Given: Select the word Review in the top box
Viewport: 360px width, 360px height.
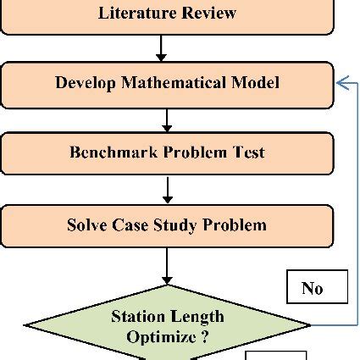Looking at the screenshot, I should (207, 14).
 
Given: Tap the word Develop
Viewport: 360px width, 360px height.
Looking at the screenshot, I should (85, 83).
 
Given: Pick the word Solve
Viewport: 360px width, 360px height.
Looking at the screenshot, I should (86, 224).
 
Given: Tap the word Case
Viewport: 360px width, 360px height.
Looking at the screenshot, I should (130, 224).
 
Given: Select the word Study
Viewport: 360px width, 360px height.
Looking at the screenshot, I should (174, 224).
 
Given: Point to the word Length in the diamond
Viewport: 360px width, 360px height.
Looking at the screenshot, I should (198, 317).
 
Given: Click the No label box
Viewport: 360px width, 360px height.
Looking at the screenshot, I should (313, 288).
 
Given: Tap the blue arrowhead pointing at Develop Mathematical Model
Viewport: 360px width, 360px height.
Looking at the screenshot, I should (341, 82).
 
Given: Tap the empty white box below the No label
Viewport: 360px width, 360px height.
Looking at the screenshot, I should (276, 355).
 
